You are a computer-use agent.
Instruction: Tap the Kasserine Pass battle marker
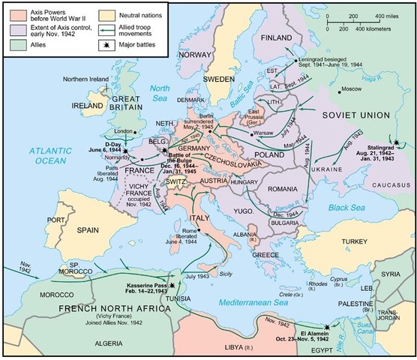(174, 286)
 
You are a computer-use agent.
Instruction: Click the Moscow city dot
(337, 90)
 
